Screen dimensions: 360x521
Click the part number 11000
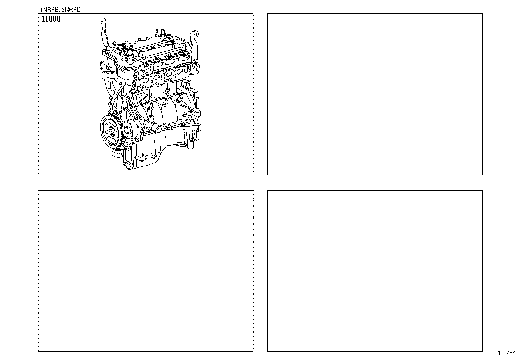pyautogui.click(x=50, y=19)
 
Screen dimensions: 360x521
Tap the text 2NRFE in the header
pyautogui.click(x=71, y=9)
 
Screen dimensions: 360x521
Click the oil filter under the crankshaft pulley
pyautogui.click(x=117, y=153)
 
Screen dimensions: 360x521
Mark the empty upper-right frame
pyautogui.click(x=375, y=94)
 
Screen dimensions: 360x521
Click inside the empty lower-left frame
pyautogui.click(x=145, y=271)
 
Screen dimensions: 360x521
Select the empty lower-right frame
pyautogui.click(x=375, y=271)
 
